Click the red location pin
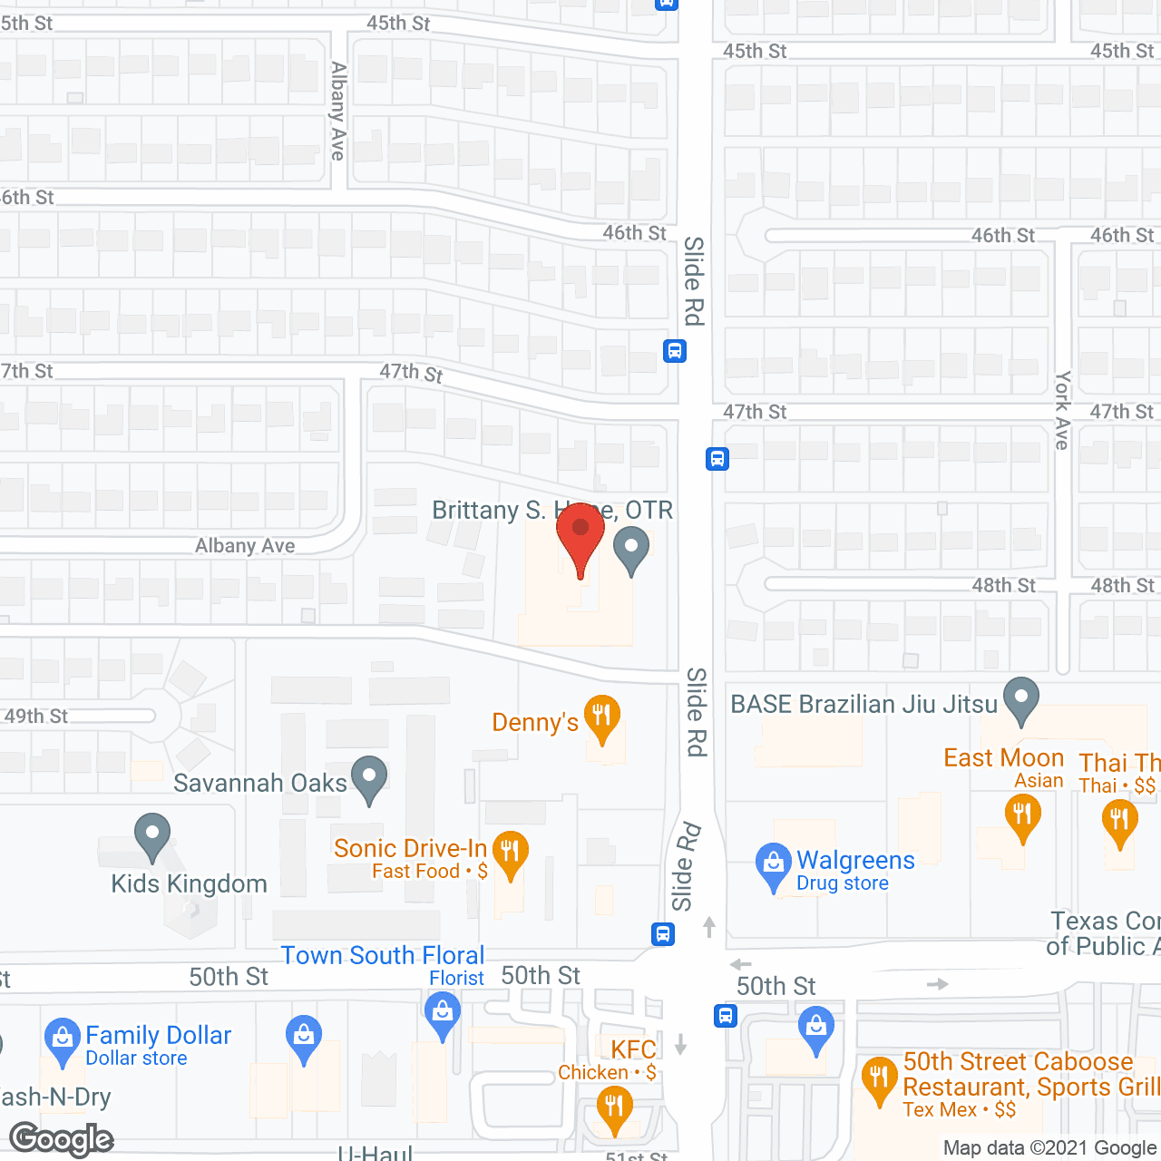(x=580, y=533)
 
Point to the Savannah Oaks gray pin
(x=369, y=777)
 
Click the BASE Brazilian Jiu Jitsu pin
(x=1021, y=699)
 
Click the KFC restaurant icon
(x=615, y=1107)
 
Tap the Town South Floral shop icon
(x=443, y=1011)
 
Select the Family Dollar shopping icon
(x=63, y=1039)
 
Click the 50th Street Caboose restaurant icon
(x=879, y=1078)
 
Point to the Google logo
(x=62, y=1139)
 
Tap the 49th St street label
(x=36, y=717)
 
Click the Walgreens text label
(x=855, y=860)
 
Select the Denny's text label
(x=535, y=723)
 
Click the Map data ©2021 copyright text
(x=1050, y=1148)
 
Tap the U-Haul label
(x=375, y=1153)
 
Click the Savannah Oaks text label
(x=260, y=783)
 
